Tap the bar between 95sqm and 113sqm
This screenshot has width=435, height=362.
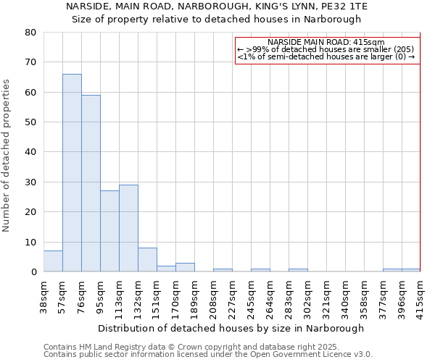pyautogui.click(x=109, y=231)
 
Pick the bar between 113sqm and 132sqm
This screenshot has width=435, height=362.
pyautogui.click(x=128, y=228)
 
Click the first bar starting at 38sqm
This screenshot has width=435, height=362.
pyautogui.click(x=53, y=261)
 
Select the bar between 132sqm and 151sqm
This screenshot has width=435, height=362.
pyautogui.click(x=147, y=260)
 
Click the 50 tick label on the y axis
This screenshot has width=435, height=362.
pyautogui.click(x=31, y=122)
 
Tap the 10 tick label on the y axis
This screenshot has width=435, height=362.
pyautogui.click(x=31, y=243)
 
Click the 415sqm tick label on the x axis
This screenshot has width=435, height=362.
pyautogui.click(x=421, y=295)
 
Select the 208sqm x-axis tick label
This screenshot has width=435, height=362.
pyautogui.click(x=214, y=295)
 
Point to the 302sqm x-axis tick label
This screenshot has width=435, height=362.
pyautogui.click(x=308, y=295)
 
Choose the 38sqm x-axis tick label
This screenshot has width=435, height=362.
pyautogui.click(x=44, y=295)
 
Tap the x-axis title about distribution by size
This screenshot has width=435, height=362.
pyautogui.click(x=231, y=328)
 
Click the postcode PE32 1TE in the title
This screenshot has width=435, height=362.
pyautogui.click(x=347, y=7)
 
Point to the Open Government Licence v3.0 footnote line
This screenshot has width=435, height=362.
pyautogui.click(x=208, y=354)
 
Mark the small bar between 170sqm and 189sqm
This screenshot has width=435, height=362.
pyautogui.click(x=185, y=267)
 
